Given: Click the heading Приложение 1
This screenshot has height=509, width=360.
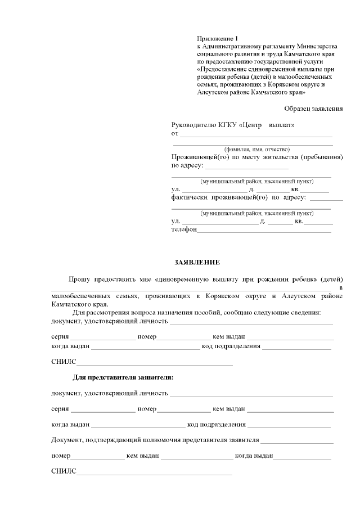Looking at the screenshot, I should (x=218, y=37).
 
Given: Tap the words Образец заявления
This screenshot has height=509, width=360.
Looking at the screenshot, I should (x=313, y=108).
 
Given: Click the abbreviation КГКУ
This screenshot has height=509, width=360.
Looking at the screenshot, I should (x=229, y=125).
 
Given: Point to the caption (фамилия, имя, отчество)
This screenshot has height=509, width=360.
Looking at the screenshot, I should (x=257, y=149).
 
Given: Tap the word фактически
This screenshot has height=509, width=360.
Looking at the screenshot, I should (x=189, y=197).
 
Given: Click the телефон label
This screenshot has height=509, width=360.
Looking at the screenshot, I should (x=184, y=229).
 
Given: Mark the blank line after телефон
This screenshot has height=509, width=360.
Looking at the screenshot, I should (x=264, y=231).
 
